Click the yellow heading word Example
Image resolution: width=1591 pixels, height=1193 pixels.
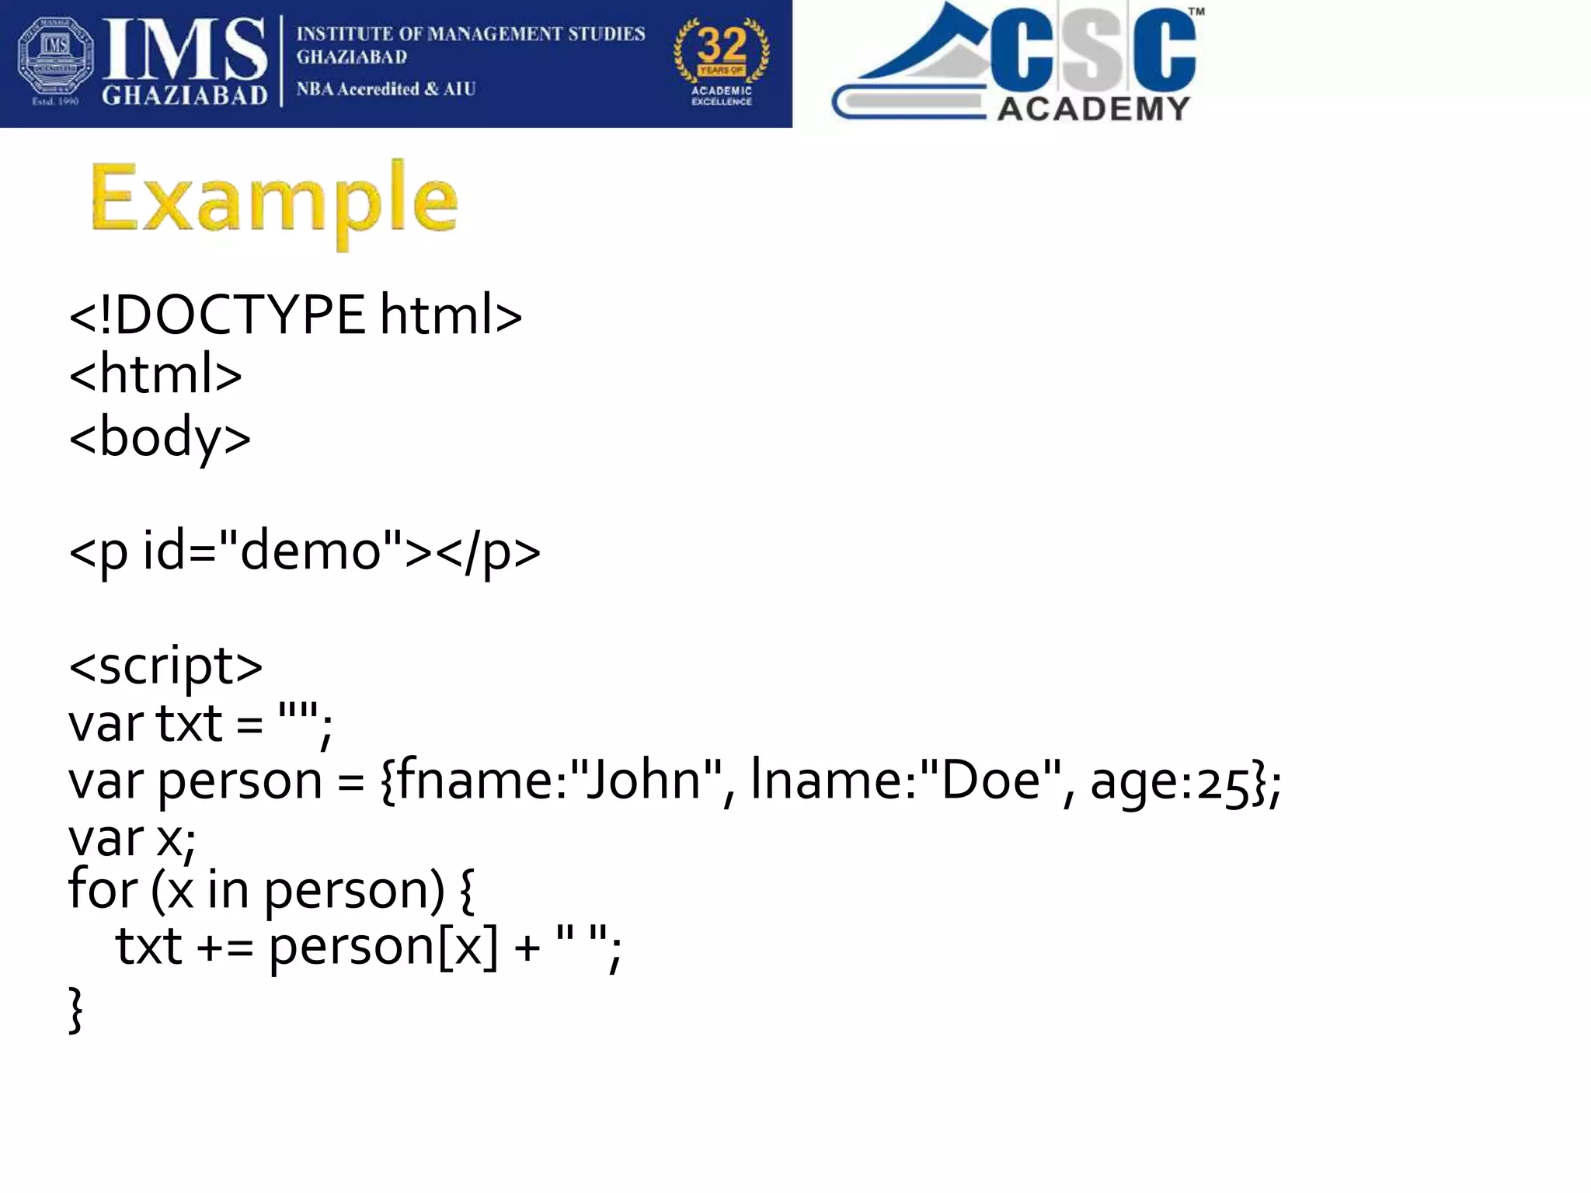coord(273,200)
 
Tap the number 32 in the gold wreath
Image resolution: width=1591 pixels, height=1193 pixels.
coord(722,45)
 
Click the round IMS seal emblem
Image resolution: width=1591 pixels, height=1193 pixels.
coord(55,61)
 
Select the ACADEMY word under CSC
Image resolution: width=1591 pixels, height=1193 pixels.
coord(1093,109)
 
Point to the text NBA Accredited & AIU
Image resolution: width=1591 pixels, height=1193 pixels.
coord(385,89)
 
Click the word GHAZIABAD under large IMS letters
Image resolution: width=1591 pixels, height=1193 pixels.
coord(185,96)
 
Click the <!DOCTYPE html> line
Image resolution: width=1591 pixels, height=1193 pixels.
coord(295,315)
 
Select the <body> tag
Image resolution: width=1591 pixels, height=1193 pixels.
coord(160,437)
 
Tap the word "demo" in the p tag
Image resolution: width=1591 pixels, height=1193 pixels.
coord(311,550)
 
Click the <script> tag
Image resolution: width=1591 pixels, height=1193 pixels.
coord(165,666)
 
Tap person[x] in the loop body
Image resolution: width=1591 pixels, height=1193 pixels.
coord(382,947)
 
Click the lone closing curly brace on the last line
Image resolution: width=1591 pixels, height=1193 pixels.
coord(75,1010)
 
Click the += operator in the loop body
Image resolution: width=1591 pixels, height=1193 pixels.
coord(225,948)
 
